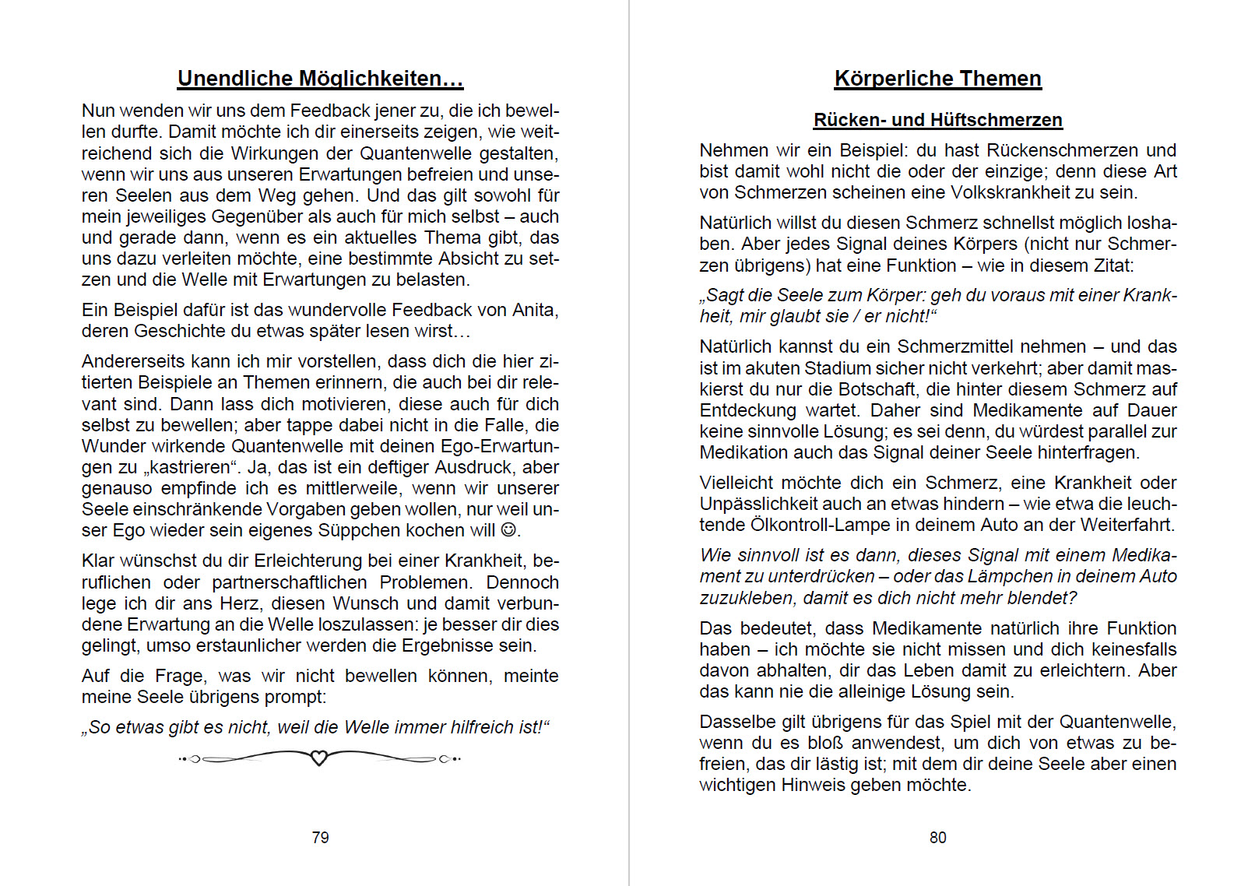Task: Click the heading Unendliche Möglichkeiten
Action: [x=320, y=79]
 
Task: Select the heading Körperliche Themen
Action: [x=937, y=79]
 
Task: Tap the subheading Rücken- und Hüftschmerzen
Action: [x=937, y=120]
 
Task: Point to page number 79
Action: [x=320, y=838]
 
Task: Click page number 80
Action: [x=937, y=838]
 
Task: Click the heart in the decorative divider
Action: [x=318, y=758]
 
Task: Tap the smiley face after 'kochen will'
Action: [x=508, y=530]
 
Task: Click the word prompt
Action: [x=296, y=697]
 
